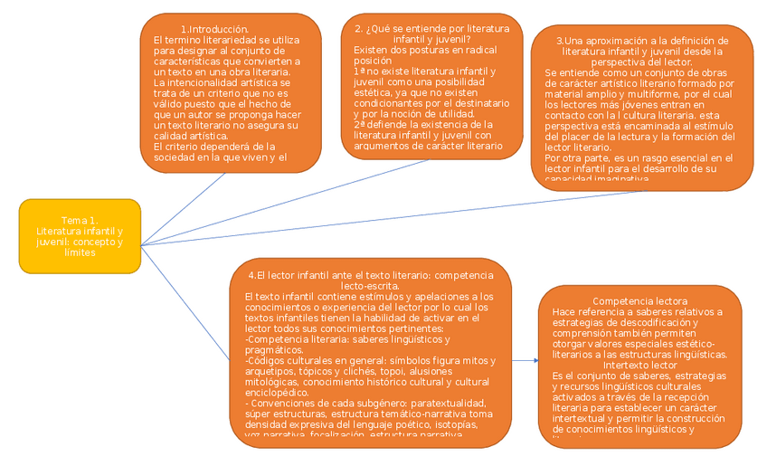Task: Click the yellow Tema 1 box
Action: pos(80,236)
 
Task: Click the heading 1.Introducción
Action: pos(215,30)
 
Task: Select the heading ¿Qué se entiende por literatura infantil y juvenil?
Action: pos(431,33)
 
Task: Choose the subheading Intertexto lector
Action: pos(639,365)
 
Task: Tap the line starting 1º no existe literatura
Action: pos(424,71)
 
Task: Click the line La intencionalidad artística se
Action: pos(223,82)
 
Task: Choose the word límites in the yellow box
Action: pos(80,252)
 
